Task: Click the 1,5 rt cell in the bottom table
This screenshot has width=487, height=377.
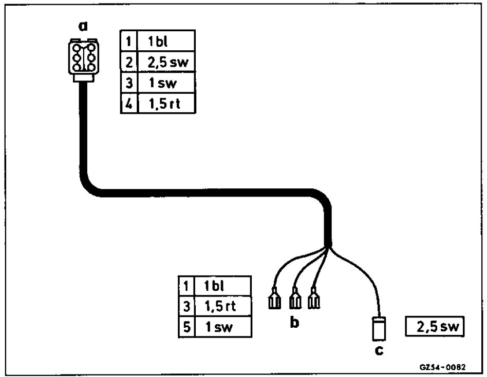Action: (x=223, y=306)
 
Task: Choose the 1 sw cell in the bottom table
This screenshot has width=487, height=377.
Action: (x=223, y=327)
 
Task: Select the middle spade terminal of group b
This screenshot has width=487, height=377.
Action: (x=295, y=299)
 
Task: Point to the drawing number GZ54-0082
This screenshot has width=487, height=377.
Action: (x=442, y=367)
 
